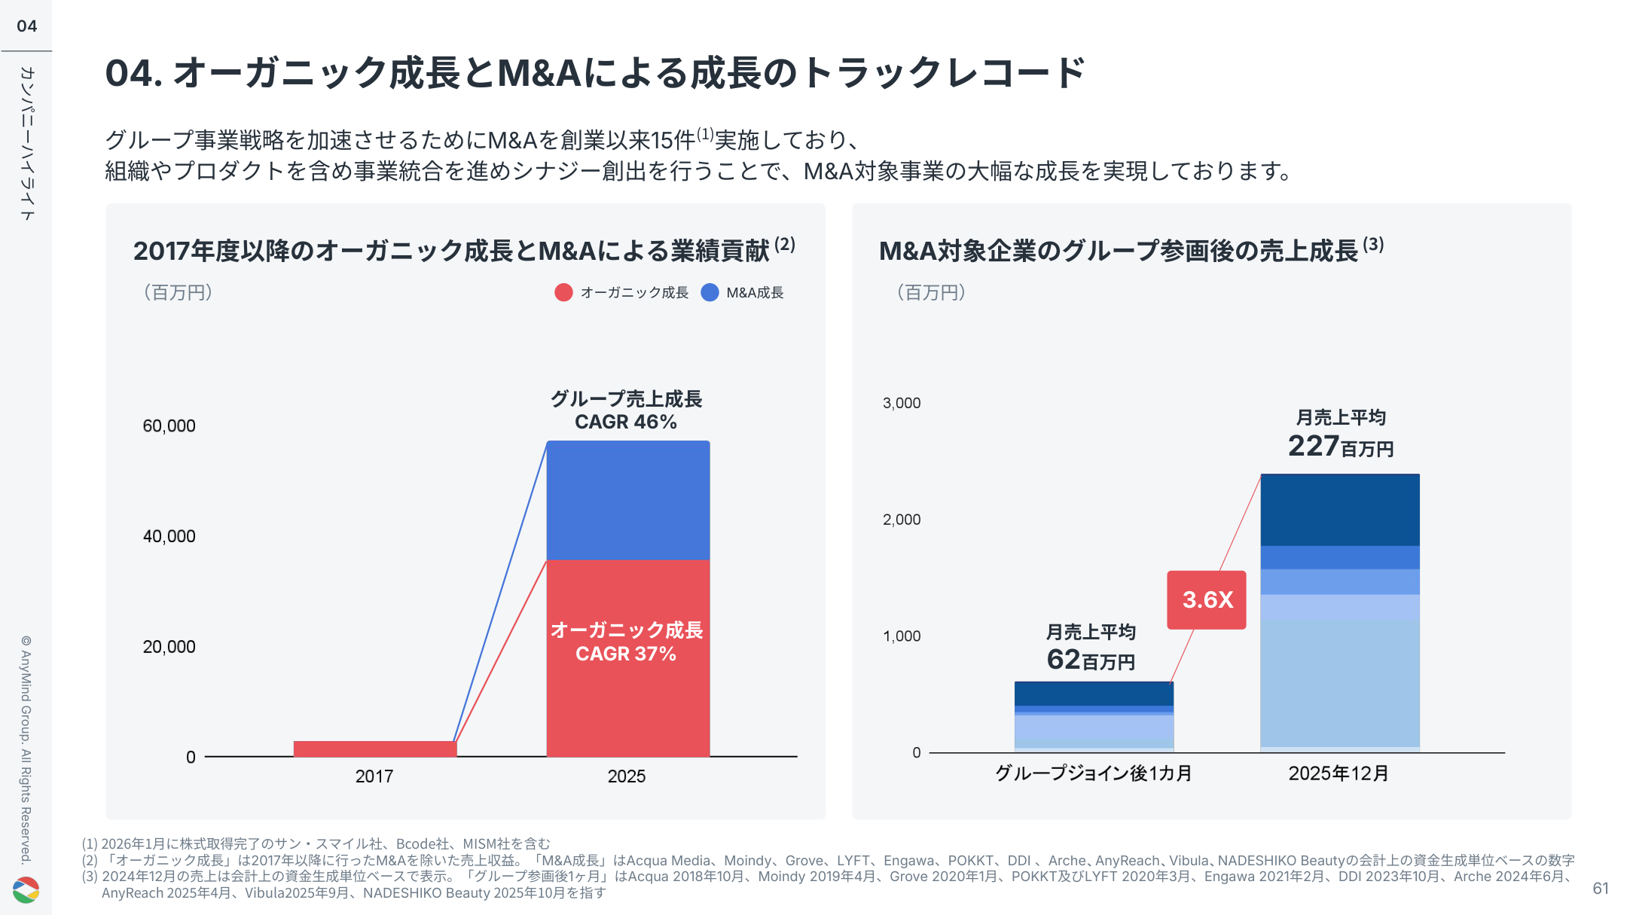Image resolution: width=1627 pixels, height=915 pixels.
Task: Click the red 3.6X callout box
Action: [1206, 599]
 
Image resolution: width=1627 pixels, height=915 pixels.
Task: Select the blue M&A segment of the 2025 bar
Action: [627, 500]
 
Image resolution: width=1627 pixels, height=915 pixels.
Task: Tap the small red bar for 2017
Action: [374, 749]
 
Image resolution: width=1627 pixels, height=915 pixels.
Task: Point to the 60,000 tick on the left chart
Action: [169, 425]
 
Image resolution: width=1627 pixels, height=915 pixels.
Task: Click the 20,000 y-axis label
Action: [169, 646]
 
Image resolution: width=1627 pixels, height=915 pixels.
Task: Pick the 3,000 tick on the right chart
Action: [902, 403]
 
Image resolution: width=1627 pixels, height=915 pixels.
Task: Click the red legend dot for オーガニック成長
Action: [563, 292]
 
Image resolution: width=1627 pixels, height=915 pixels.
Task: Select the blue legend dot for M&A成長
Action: [710, 292]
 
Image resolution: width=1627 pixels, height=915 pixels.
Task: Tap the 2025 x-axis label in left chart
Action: [626, 776]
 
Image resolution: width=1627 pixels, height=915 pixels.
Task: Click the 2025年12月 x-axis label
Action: [1339, 773]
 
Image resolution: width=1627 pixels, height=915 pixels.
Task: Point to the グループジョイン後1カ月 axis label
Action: [1093, 773]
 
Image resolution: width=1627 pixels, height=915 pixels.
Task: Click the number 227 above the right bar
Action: [1312, 446]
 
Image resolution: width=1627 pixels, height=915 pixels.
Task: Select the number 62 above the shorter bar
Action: [1063, 660]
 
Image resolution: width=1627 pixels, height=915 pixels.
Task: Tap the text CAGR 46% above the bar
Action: [625, 422]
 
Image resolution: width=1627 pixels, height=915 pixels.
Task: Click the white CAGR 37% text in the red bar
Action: [625, 654]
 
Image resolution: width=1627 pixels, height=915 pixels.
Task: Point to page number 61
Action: [1600, 889]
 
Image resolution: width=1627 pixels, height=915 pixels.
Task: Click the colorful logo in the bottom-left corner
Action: [26, 889]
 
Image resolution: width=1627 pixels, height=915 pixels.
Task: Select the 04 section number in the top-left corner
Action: [26, 26]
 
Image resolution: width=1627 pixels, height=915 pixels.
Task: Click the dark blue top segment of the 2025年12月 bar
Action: [1339, 510]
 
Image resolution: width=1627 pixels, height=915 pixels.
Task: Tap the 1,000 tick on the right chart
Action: [902, 636]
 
